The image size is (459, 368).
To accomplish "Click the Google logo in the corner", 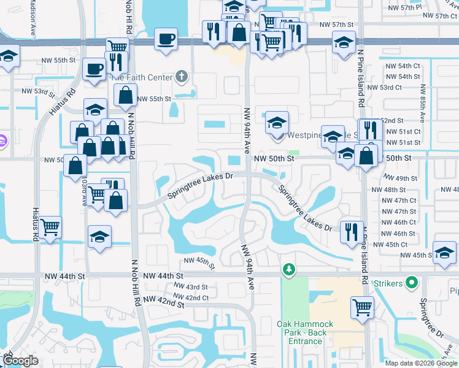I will tap(20, 361).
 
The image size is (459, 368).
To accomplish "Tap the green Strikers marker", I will tap(411, 283).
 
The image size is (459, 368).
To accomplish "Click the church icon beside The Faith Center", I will tap(180, 77).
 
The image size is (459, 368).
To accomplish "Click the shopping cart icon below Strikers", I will tap(363, 306).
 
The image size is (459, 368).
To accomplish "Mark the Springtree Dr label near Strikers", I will tap(431, 318).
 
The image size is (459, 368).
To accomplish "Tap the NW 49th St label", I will tap(406, 178).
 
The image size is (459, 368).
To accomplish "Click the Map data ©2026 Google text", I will tap(420, 362).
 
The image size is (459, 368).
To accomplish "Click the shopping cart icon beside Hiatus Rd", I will tap(50, 226).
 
